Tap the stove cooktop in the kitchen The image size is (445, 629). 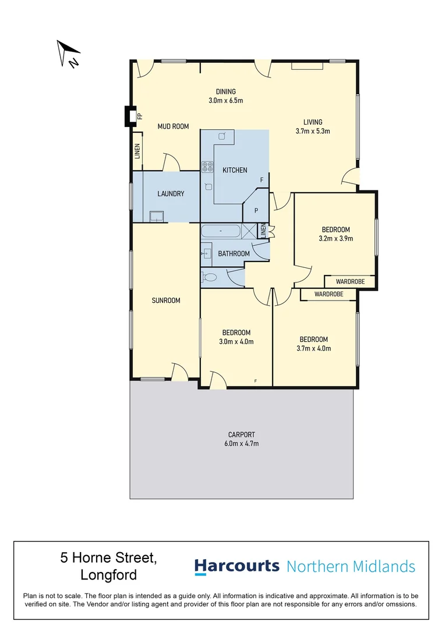(207, 167)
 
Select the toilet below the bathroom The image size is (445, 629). (210, 277)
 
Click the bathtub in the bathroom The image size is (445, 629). (221, 231)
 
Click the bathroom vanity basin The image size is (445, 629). (207, 253)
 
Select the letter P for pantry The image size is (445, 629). (255, 210)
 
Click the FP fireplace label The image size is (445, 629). (139, 116)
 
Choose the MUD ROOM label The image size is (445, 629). (173, 126)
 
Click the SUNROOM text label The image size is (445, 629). (166, 301)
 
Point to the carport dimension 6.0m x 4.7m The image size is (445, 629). (242, 443)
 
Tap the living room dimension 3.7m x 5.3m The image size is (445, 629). (313, 131)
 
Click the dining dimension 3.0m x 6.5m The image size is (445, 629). (225, 100)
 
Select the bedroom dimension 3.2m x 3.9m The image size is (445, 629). (335, 238)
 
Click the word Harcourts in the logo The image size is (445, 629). (236, 566)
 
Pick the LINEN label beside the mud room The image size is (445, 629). (137, 151)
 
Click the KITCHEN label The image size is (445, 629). (235, 170)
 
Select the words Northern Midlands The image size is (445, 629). (351, 566)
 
